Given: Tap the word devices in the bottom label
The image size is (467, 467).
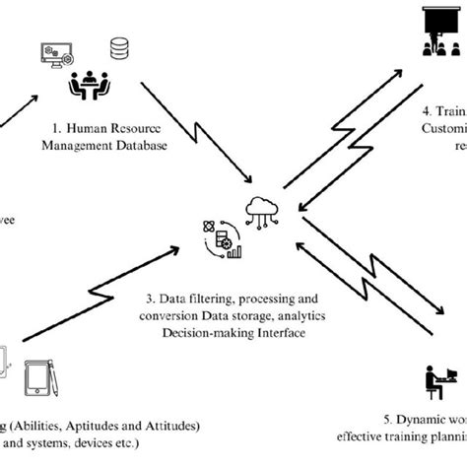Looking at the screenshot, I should point(100,443).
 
